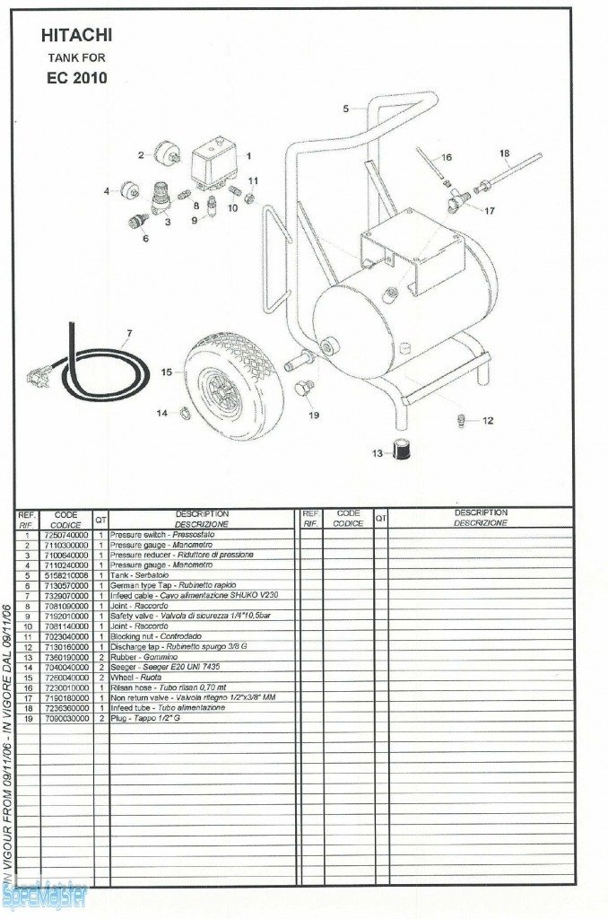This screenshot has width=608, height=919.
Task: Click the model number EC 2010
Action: coord(77,77)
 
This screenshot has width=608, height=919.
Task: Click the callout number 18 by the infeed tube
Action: coord(504,153)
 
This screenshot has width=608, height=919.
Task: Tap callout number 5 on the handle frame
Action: coord(345,109)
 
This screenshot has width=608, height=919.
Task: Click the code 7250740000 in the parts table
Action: coord(65,535)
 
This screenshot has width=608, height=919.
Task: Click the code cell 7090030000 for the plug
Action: coord(65,718)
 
